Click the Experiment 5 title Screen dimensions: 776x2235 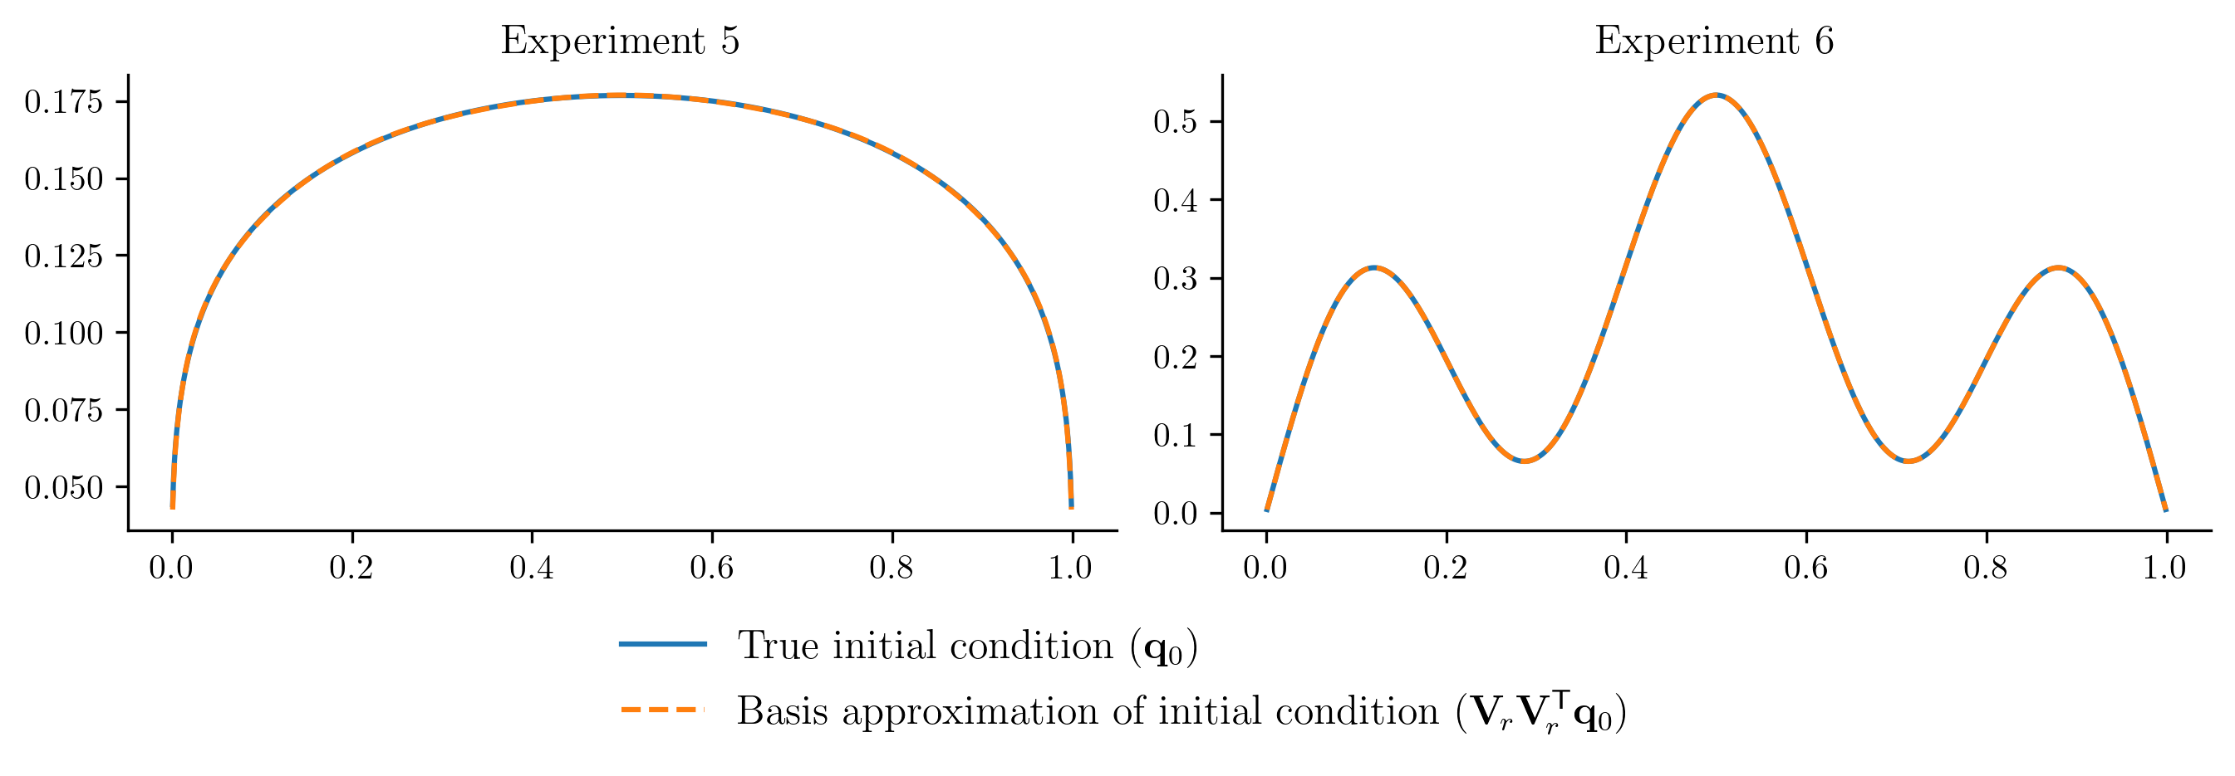click(620, 41)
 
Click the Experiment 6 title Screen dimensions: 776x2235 click(1713, 41)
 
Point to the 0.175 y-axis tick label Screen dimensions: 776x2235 click(63, 102)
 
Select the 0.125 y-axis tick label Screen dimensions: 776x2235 click(63, 256)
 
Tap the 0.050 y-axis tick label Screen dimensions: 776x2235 click(63, 488)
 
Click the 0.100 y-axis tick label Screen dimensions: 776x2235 click(63, 334)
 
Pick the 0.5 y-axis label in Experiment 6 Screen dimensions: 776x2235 click(1175, 121)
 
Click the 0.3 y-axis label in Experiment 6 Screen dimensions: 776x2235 click(1175, 279)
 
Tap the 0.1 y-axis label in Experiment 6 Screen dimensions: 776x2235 click(1175, 435)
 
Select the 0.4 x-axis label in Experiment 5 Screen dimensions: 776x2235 click(531, 568)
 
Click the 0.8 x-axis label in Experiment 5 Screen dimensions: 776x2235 click(891, 568)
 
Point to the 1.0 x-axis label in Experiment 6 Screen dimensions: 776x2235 click(2164, 568)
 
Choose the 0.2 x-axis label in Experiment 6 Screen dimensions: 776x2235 click(1446, 568)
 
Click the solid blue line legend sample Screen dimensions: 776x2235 click(663, 644)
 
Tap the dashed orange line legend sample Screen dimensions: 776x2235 click(663, 710)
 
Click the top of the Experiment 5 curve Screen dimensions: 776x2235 click(621, 95)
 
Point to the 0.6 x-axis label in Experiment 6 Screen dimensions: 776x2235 click(1805, 568)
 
